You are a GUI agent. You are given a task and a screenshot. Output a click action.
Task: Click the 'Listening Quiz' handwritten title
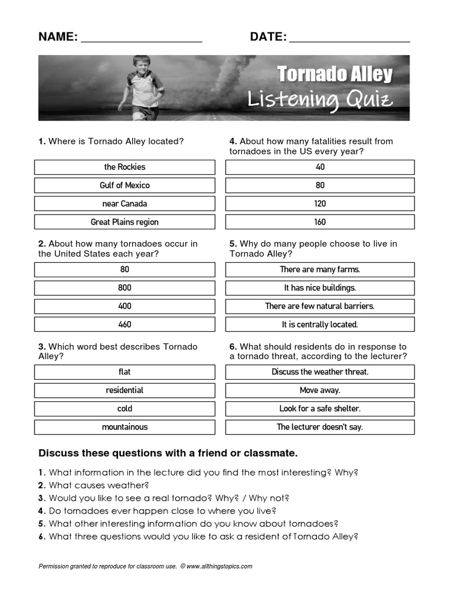coord(319,99)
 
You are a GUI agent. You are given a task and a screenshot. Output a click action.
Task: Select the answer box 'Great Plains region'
coord(125,222)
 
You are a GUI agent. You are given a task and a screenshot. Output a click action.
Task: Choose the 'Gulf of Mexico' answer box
coord(125,185)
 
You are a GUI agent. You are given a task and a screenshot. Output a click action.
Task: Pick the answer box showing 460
coord(125,325)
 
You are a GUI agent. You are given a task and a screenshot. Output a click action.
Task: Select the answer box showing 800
coord(125,288)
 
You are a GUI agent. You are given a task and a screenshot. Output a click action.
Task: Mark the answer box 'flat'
coord(125,372)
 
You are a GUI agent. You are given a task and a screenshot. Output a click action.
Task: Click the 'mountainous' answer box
coord(125,427)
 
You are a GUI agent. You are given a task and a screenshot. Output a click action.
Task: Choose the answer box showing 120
coord(320,204)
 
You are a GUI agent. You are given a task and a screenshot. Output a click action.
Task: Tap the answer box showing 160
coord(320,222)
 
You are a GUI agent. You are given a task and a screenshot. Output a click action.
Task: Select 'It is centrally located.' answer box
coord(320,325)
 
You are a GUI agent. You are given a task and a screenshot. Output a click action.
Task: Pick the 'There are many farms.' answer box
coord(320,270)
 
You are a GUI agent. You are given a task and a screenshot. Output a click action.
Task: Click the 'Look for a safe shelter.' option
coord(320,409)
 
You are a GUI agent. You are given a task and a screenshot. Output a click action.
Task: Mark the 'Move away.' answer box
coord(320,390)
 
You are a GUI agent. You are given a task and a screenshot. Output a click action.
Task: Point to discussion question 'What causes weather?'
coord(99,485)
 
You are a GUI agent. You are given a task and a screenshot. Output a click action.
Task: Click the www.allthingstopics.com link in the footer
coord(219,566)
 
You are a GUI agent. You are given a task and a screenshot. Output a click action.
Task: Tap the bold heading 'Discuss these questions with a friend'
coord(168,453)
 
